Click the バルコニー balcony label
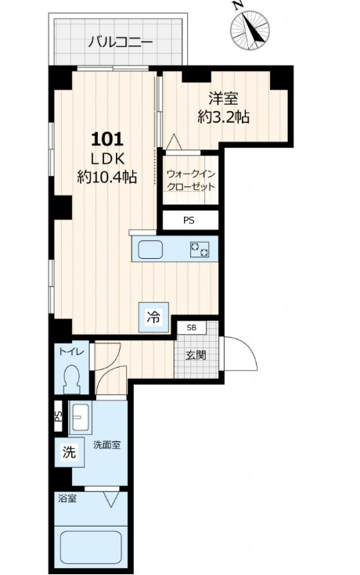(x=121, y=42)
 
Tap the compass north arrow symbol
(x=250, y=30)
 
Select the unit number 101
(x=106, y=139)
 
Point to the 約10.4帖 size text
(x=107, y=177)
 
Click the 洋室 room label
(x=224, y=99)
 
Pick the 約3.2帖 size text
(x=224, y=117)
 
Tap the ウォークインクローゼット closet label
(x=190, y=180)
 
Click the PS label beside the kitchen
(x=189, y=221)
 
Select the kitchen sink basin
(x=150, y=250)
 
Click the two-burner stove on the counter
(x=200, y=250)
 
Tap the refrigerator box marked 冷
(x=153, y=317)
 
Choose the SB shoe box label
(x=191, y=328)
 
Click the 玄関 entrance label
(x=196, y=355)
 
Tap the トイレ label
(x=72, y=351)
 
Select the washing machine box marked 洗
(x=69, y=452)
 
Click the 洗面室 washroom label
(x=106, y=445)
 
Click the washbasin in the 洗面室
(x=80, y=417)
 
